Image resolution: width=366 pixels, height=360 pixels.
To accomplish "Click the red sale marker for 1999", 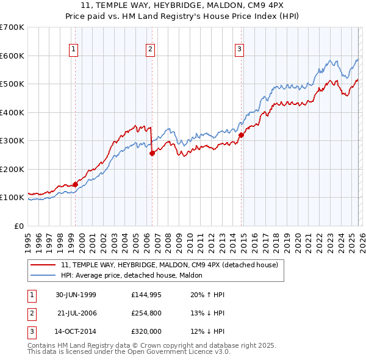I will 76,184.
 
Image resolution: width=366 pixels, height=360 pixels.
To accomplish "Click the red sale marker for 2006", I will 152,154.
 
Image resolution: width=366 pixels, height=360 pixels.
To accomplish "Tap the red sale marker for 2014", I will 241,135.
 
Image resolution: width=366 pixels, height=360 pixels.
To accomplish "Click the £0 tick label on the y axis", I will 19,226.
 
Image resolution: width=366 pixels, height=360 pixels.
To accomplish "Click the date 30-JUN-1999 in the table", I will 76,295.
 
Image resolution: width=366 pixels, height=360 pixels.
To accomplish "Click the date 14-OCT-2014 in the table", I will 76,331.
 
